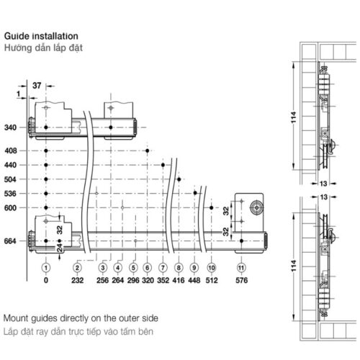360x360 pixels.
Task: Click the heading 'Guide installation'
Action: pos(41,36)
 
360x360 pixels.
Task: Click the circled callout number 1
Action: pos(46,268)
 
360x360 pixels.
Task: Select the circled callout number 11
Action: pos(241,268)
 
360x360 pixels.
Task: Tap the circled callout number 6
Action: pos(148,268)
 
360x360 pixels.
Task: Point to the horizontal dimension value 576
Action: pos(241,280)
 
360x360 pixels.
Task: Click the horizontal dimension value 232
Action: pos(77,280)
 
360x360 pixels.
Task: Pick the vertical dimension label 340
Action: pos(10,127)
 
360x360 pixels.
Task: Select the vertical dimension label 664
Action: pos(10,241)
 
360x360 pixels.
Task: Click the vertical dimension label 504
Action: pos(10,179)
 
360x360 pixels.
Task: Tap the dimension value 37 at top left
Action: pos(37,86)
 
